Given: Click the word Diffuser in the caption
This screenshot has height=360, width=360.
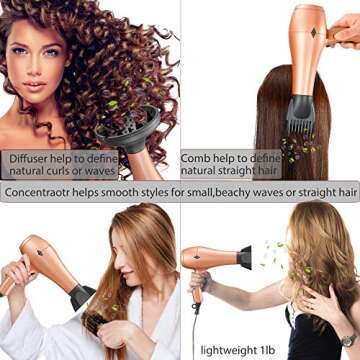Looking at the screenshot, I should (x=31, y=158).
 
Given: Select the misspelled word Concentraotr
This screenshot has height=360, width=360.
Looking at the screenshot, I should (x=43, y=191).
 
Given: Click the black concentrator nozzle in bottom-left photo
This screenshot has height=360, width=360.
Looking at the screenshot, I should (x=80, y=296).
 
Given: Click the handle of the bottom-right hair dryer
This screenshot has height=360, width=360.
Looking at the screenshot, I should (x=197, y=290).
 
